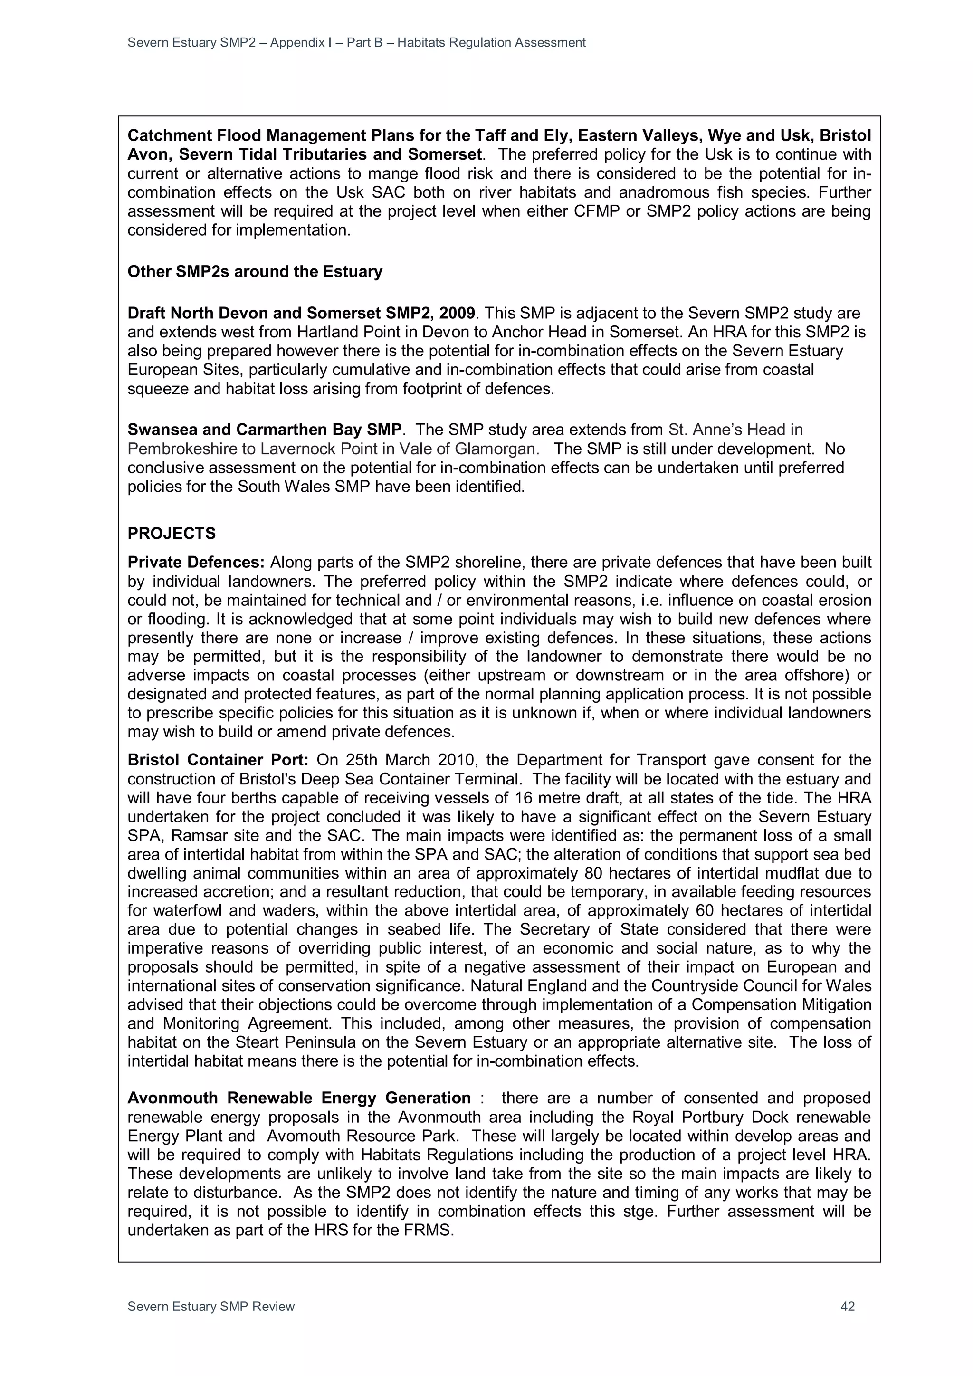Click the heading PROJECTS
[x=172, y=534]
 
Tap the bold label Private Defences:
[x=196, y=562]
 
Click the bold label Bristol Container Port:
[x=218, y=760]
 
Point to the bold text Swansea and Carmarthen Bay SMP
[x=264, y=430]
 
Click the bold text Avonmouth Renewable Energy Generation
[x=299, y=1098]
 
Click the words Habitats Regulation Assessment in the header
[x=491, y=43]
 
